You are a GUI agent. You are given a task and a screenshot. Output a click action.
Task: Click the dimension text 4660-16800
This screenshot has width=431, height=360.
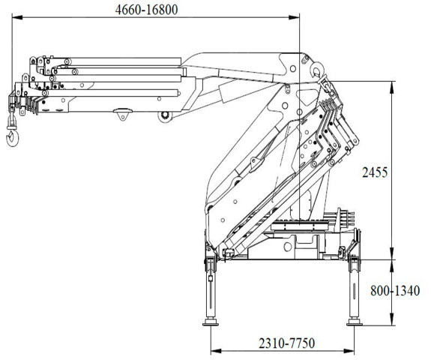coord(146,10)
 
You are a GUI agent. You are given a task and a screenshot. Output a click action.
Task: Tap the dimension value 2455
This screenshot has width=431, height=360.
coord(375,172)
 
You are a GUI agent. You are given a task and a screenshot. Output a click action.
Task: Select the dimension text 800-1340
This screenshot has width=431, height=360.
coord(395,291)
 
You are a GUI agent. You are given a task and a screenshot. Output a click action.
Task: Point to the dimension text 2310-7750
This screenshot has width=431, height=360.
coord(286,343)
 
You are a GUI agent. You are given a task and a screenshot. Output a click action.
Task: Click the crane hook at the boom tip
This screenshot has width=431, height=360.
coord(13,137)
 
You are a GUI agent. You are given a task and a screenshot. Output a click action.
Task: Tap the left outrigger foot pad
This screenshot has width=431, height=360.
coord(211,322)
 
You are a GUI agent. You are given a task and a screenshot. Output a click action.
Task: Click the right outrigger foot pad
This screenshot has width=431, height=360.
coord(355,322)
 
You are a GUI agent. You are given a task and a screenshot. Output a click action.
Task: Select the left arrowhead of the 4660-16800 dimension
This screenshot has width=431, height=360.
coord(17,17)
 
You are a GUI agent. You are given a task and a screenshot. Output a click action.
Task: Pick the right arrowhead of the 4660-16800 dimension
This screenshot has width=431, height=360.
coord(294,17)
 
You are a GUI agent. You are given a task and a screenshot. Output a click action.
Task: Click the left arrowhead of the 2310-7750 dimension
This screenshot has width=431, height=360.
coord(216,351)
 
